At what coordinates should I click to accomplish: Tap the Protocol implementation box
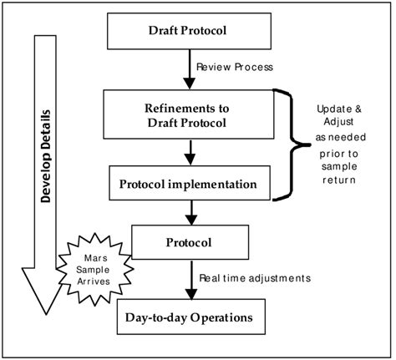191,183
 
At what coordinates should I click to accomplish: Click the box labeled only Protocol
192,242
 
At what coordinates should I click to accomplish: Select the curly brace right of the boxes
294,147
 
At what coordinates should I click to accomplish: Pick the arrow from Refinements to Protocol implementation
190,153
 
